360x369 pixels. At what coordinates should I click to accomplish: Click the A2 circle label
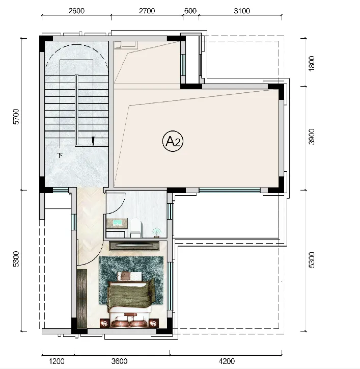coord(173,141)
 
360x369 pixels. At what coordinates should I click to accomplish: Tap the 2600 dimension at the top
coord(76,11)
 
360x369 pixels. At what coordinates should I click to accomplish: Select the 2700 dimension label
coord(147,11)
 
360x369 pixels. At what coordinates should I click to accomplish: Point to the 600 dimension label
coord(190,11)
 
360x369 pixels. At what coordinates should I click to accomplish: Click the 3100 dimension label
coord(242,11)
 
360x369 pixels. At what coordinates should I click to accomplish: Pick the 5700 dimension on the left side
coord(16,117)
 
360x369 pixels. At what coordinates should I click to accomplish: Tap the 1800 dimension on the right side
coord(311,63)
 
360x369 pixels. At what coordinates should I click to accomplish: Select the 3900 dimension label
coord(311,137)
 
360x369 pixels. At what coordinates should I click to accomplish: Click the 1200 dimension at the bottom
coord(57,361)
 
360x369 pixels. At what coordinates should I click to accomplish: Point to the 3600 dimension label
coord(120,361)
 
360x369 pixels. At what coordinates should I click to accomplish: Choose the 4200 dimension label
coord(227,361)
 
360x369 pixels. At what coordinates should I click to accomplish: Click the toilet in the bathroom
coord(136,227)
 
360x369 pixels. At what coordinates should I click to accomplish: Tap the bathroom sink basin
coord(117,223)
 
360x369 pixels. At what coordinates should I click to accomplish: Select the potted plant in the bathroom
coord(156,232)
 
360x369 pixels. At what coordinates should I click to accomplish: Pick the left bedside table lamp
coord(104,324)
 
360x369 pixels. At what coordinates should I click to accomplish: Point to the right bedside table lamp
coord(154,324)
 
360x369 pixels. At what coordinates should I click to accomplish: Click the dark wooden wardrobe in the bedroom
coord(82,299)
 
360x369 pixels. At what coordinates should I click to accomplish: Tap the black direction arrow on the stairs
coord(93,141)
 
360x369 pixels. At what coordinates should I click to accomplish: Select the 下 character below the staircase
coord(61,155)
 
